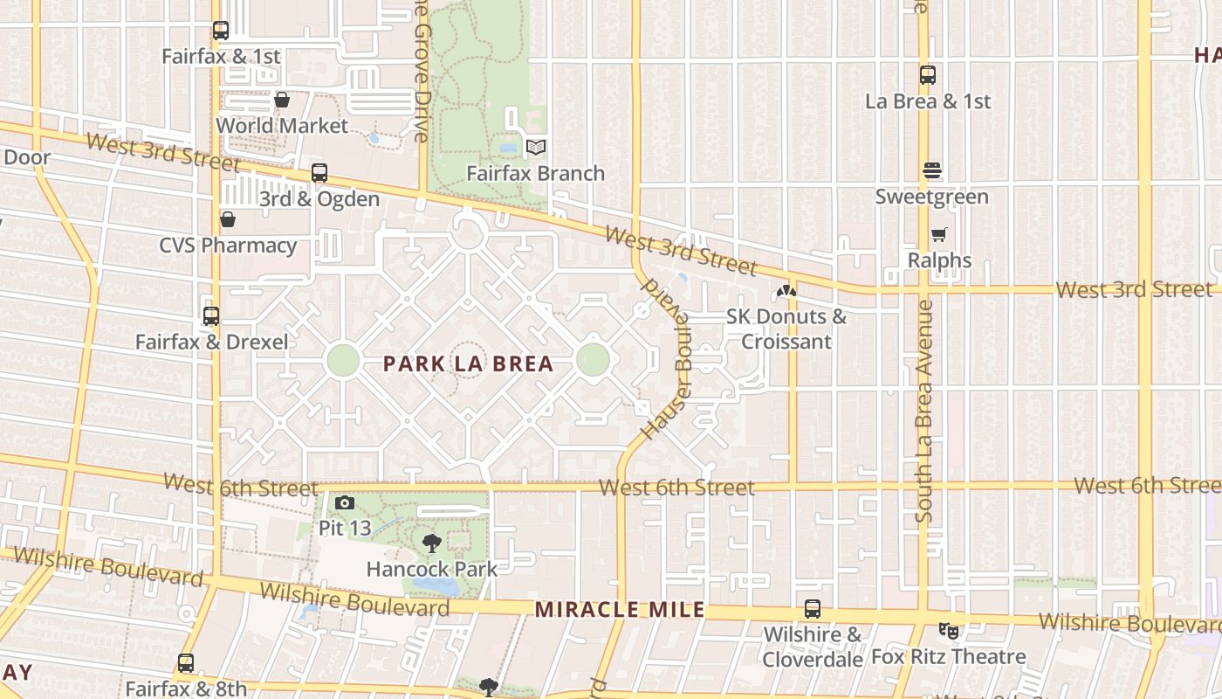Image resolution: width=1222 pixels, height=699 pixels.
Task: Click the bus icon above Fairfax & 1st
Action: click(221, 31)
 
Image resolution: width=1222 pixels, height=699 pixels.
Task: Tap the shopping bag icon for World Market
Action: click(282, 100)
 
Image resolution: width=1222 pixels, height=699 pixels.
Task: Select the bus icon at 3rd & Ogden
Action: click(319, 173)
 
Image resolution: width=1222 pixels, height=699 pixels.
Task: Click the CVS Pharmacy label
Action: click(228, 245)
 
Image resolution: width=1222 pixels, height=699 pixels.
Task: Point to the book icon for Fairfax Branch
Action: click(535, 148)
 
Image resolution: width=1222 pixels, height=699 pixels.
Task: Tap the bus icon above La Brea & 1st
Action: click(928, 75)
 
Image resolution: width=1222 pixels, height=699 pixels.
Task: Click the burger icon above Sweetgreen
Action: click(932, 170)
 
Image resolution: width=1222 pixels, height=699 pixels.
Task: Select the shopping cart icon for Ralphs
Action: click(939, 234)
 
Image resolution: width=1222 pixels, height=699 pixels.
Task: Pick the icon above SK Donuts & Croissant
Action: click(786, 290)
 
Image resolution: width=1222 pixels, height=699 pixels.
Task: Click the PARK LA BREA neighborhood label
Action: click(469, 363)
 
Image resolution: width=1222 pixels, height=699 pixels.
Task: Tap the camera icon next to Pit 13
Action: click(345, 502)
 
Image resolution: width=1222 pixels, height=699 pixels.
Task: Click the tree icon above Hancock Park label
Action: click(431, 543)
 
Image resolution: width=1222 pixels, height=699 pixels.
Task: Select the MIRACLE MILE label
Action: click(620, 609)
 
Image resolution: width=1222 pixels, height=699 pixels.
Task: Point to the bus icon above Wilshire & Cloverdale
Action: click(812, 609)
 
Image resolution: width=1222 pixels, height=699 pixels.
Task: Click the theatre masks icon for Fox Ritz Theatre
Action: click(949, 630)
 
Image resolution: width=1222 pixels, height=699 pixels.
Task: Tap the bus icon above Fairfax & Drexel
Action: click(211, 316)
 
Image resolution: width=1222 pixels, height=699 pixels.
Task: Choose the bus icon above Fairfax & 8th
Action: click(186, 663)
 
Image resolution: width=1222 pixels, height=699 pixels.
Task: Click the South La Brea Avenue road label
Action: click(924, 411)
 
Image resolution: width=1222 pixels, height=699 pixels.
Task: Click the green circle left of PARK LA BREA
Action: click(343, 360)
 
